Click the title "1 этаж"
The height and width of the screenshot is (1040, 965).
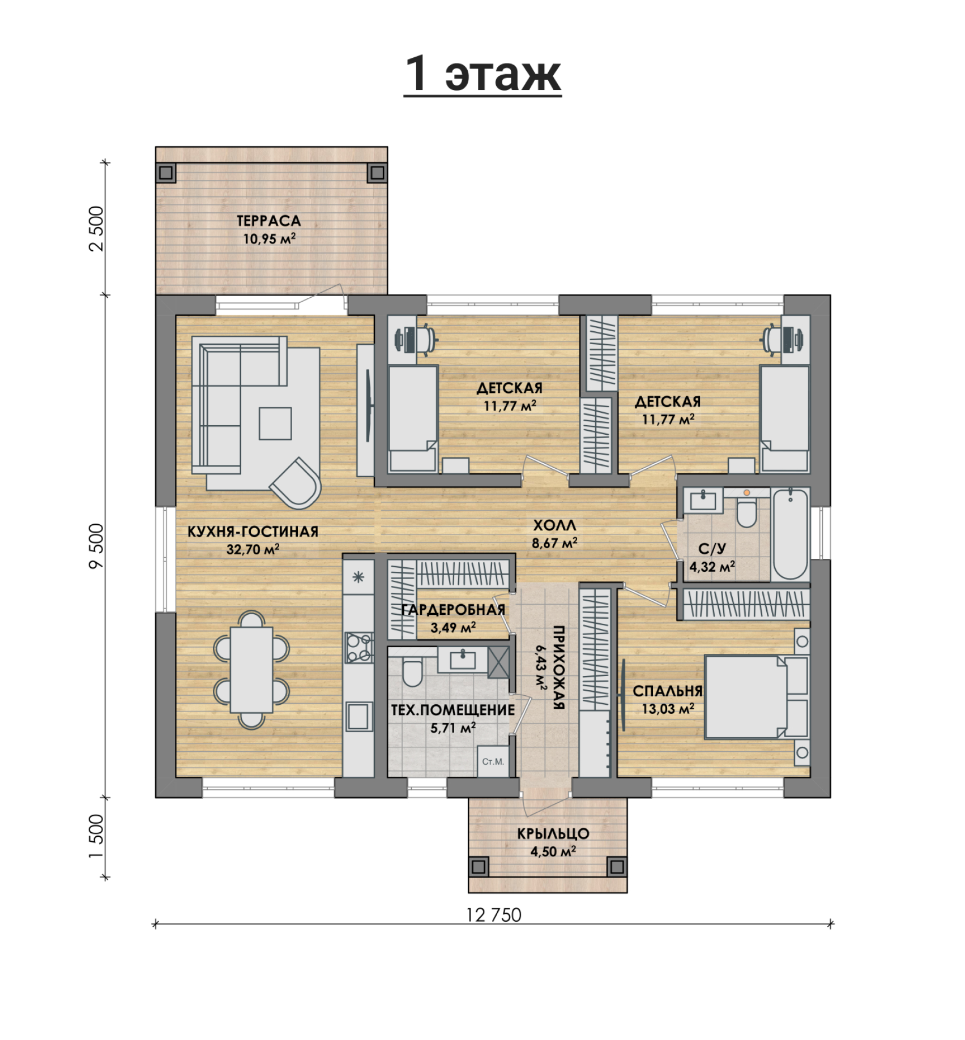(x=483, y=74)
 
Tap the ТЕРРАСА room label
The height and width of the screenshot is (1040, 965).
(x=268, y=221)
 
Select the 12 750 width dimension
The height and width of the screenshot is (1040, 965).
(x=493, y=915)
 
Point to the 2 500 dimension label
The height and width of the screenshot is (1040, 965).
(x=97, y=228)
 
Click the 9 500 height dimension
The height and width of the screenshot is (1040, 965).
(x=97, y=545)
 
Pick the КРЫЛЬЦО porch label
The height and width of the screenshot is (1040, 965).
(x=553, y=833)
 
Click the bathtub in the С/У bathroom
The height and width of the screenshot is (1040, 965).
(x=791, y=534)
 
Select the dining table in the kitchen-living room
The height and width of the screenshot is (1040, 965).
(x=251, y=670)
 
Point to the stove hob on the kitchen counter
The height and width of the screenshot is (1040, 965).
(x=359, y=648)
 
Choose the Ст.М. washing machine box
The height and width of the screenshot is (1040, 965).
(x=493, y=761)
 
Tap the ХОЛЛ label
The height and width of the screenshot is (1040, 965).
(x=554, y=525)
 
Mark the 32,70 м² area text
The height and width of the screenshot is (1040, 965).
(x=253, y=549)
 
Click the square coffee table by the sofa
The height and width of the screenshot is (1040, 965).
(x=275, y=423)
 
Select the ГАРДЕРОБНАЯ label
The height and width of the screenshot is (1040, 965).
(x=453, y=610)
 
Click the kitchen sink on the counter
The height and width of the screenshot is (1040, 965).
(x=359, y=717)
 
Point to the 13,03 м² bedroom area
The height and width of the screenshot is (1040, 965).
(x=668, y=708)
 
